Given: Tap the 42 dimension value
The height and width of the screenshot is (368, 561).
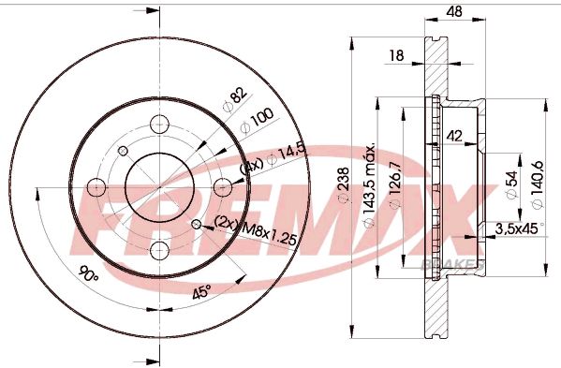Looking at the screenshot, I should point(456,135).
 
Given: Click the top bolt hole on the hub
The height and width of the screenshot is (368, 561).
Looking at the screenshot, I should point(157,124).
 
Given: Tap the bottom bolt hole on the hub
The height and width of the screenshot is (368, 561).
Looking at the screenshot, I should point(157,247).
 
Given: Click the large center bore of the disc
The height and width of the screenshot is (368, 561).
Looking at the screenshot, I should point(157,185).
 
